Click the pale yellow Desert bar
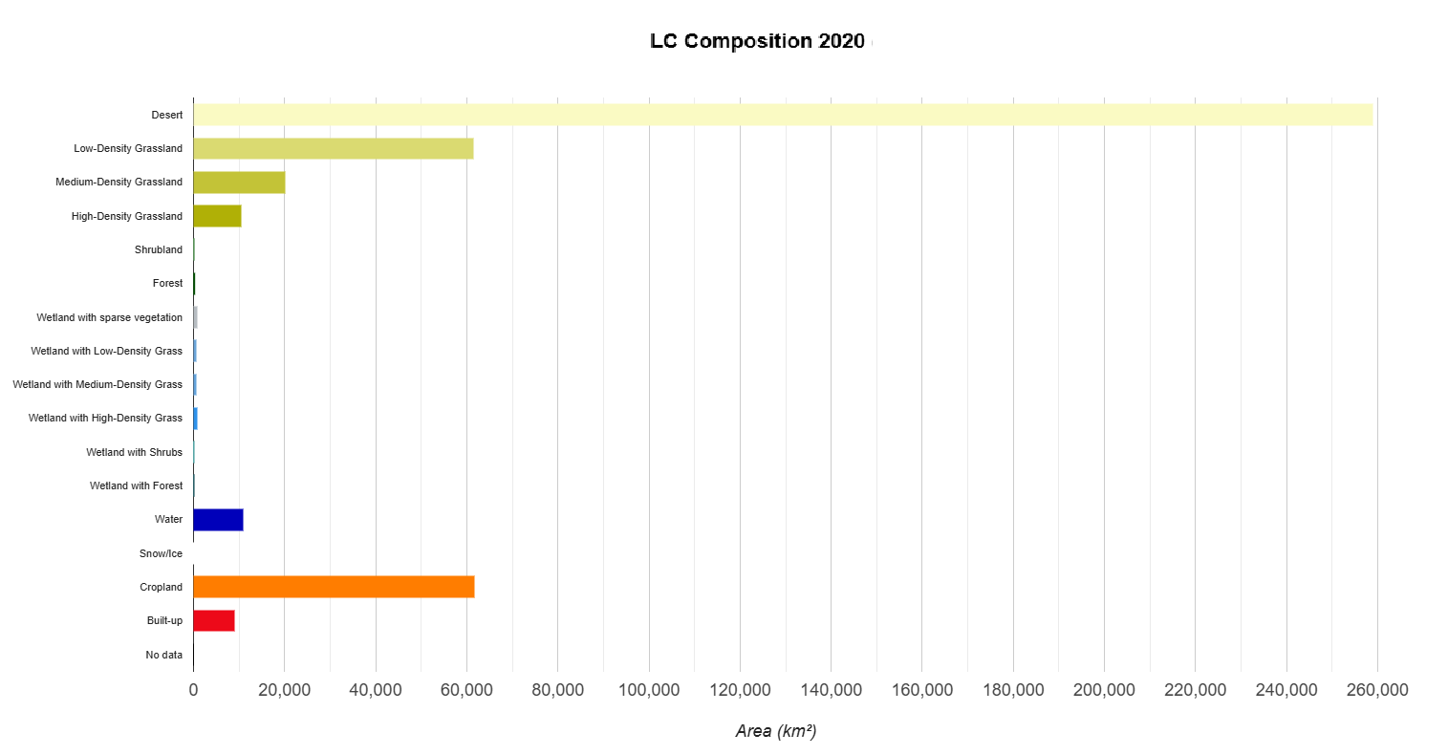[783, 115]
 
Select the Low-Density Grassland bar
[333, 148]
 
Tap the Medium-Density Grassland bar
[239, 182]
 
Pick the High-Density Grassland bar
[217, 216]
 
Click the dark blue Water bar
[218, 520]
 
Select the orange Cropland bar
[334, 587]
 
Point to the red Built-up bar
[213, 620]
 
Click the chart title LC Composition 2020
[757, 41]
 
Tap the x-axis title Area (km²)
[775, 731]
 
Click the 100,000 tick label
[649, 690]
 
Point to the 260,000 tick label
[1377, 690]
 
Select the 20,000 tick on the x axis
[284, 690]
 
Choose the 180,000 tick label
[1013, 690]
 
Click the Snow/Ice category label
[161, 553]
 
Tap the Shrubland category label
[158, 249]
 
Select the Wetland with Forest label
[136, 485]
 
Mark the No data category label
[163, 655]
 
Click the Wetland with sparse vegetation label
[109, 317]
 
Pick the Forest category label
[167, 283]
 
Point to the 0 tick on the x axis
[193, 690]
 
